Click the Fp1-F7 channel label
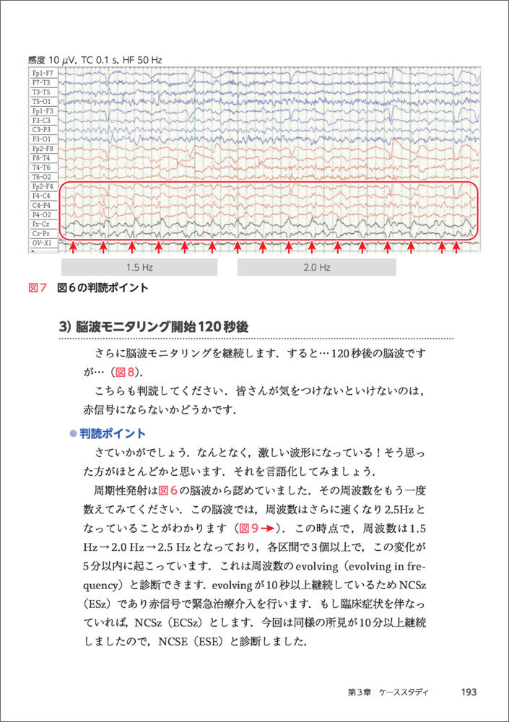[41, 74]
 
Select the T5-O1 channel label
[41, 102]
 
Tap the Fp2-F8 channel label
[41, 149]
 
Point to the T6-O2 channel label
[41, 177]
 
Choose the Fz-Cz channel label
[41, 225]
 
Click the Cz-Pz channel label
[41, 234]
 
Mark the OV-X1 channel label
[41, 243]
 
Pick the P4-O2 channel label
[41, 215]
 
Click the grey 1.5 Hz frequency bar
[139, 267]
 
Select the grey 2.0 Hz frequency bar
[316, 267]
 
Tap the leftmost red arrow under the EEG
[73, 248]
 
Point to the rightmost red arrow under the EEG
[456, 248]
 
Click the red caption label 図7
[37, 288]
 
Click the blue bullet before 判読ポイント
[72, 434]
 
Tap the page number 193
[469, 692]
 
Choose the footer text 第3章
[358, 692]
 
